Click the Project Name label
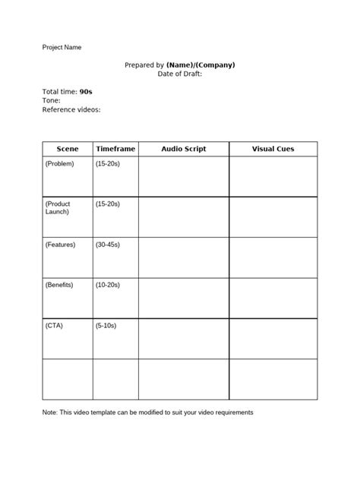click(62, 47)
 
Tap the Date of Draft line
click(180, 74)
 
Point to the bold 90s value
click(86, 91)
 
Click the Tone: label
click(51, 100)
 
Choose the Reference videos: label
click(71, 109)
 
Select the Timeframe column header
click(115, 149)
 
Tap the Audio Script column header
click(183, 149)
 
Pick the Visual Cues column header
click(273, 149)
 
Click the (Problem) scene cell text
click(60, 164)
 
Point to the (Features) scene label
click(61, 245)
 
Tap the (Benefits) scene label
click(60, 285)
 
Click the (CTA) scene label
click(54, 325)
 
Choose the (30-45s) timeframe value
click(108, 245)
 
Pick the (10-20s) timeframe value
click(108, 285)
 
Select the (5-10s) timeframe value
click(106, 325)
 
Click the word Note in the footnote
click(50, 412)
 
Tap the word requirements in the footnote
click(230, 412)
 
